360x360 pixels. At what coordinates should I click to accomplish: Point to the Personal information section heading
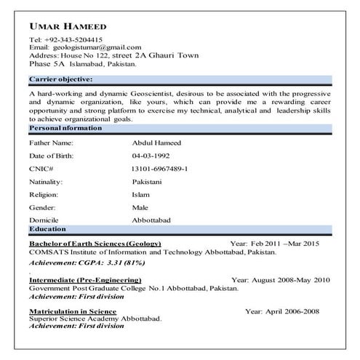coord(65,128)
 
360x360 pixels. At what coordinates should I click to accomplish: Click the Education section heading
coord(47,228)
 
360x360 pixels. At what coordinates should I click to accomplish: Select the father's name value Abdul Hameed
coord(156,143)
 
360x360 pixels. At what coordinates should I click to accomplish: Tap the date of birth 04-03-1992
coord(151,156)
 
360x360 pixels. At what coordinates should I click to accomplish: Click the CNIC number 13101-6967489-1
coord(160,168)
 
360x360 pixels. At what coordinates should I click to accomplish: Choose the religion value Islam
coord(141,194)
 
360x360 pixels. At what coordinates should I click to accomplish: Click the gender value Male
coord(140,207)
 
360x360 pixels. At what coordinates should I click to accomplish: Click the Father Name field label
coord(51,143)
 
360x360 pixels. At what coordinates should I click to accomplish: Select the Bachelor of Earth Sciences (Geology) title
coord(95,243)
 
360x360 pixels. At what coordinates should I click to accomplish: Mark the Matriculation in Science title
coord(73,311)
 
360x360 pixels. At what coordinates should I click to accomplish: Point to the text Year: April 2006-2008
coord(282,311)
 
